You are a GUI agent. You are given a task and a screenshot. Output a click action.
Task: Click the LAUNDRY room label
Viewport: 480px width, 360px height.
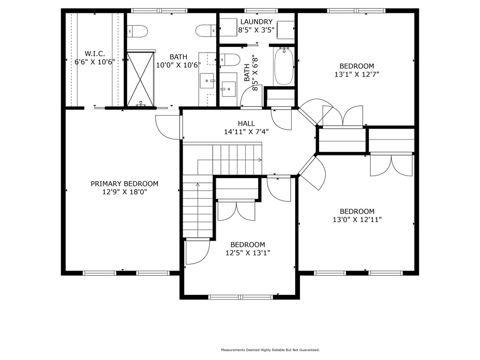(256, 22)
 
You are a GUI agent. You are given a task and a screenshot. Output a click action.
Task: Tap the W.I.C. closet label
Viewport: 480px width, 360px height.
(94, 54)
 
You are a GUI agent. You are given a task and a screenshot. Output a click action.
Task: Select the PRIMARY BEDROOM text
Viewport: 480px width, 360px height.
(124, 184)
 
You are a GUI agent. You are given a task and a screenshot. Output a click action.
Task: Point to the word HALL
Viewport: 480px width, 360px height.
(246, 123)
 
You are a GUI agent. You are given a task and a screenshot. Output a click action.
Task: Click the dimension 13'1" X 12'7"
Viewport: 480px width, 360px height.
(357, 74)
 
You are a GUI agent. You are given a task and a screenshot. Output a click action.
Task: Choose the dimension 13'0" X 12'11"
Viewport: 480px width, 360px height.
(357, 220)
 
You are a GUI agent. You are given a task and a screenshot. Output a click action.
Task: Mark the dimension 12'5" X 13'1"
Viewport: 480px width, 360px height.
(248, 253)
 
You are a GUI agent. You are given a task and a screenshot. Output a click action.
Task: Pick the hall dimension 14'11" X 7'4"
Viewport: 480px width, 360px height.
(246, 132)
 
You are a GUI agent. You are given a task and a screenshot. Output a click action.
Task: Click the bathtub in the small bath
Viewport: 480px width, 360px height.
(284, 66)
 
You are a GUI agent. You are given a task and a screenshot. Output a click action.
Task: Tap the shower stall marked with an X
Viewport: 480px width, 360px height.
(140, 79)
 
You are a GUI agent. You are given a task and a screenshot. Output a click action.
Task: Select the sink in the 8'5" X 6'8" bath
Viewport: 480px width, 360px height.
(229, 89)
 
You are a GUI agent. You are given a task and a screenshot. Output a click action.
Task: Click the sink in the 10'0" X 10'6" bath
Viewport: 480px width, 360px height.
(207, 81)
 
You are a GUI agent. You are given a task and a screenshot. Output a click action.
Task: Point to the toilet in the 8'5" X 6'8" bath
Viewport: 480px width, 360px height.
(230, 59)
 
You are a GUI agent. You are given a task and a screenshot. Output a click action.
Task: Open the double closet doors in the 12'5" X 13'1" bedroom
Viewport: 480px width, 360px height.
(236, 211)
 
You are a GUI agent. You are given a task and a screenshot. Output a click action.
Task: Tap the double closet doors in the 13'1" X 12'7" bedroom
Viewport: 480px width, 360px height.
(343, 116)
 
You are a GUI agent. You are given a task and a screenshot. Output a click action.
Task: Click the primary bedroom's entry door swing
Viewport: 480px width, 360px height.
(168, 128)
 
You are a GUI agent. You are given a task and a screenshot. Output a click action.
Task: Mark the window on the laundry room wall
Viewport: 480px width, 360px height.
(261, 10)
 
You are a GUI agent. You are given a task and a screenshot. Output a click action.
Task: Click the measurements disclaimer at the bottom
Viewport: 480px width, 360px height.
(270, 350)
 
